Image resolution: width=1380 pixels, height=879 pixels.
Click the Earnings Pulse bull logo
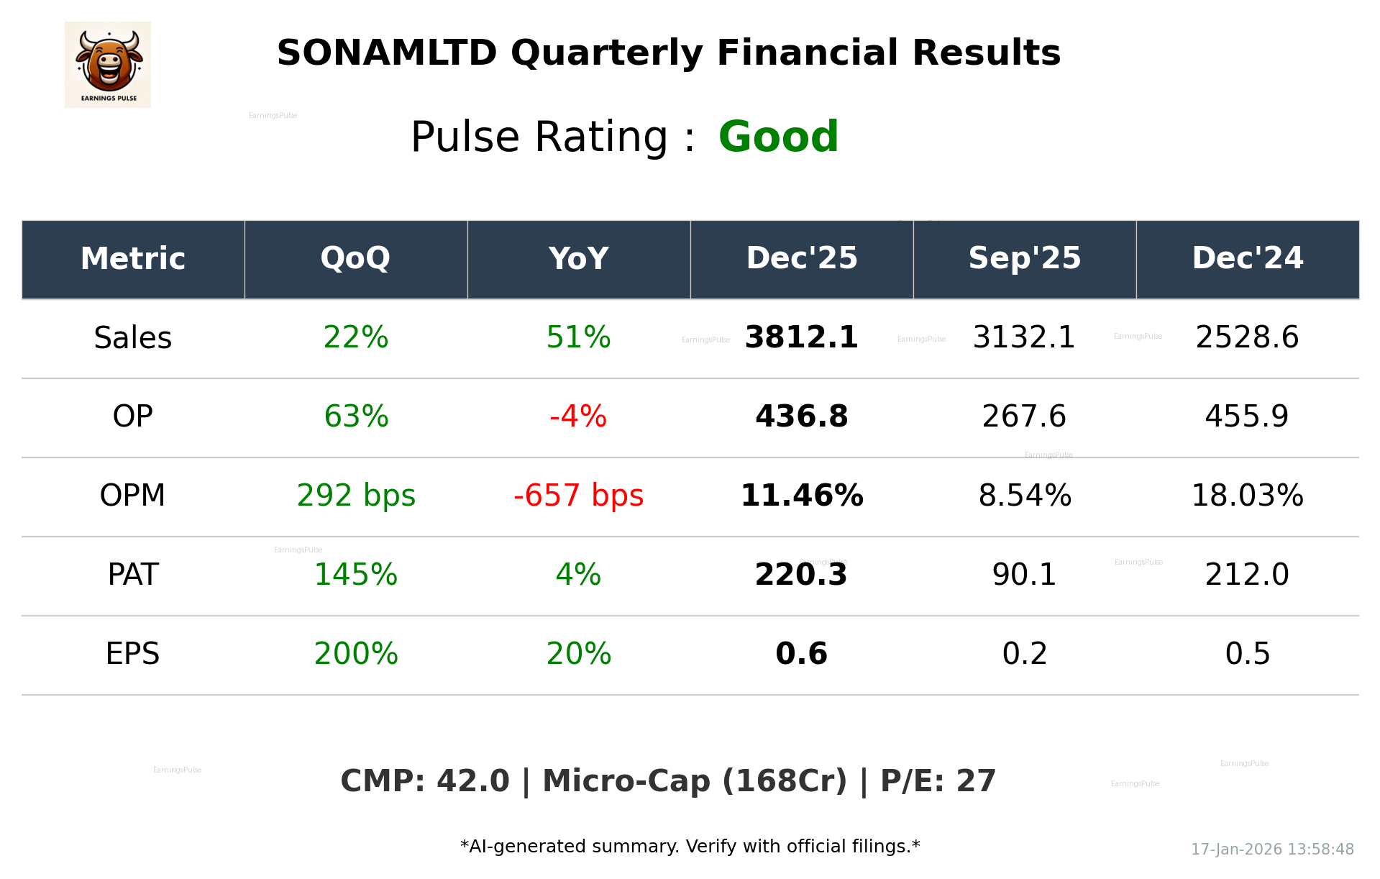point(108,64)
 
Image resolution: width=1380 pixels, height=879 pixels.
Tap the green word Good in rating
point(778,137)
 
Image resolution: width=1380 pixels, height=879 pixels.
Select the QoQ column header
point(356,259)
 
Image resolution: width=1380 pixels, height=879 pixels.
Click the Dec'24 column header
point(1247,259)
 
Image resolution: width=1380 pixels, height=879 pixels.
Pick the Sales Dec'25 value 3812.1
point(801,337)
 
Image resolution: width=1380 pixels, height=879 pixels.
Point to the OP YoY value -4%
point(578,416)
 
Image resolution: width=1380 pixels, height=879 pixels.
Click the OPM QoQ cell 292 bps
point(356,496)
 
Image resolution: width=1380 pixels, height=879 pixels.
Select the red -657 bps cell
point(578,496)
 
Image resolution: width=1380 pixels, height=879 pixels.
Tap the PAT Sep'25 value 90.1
point(1024,575)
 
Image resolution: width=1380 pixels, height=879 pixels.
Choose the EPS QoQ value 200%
point(356,654)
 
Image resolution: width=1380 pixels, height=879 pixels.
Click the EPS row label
point(132,654)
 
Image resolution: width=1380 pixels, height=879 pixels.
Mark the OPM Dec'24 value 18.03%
point(1247,496)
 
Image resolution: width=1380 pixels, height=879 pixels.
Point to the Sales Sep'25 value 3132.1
point(1024,337)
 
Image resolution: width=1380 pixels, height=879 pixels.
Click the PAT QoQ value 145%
point(356,575)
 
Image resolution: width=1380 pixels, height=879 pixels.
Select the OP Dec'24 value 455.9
point(1247,416)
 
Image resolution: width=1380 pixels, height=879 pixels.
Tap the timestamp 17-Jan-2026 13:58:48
point(1272,850)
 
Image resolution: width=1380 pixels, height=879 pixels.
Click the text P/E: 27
point(938,781)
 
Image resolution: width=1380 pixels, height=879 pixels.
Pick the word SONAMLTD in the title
point(387,53)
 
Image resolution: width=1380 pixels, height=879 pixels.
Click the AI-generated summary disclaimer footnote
point(690,847)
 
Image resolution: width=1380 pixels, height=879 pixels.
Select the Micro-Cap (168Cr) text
point(695,781)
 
